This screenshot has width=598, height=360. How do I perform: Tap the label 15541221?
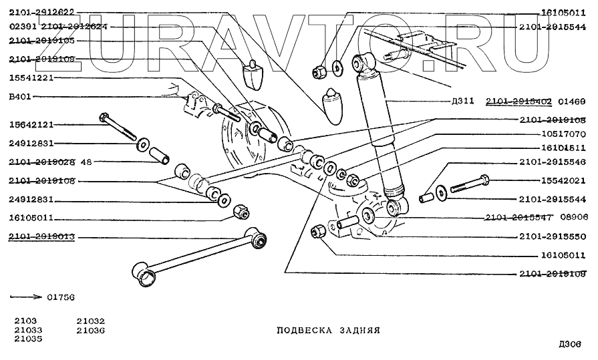(x=31, y=78)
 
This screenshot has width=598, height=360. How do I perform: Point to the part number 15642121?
(x=31, y=124)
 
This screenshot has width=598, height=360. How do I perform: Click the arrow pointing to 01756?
(x=25, y=296)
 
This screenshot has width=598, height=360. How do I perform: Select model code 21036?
(x=90, y=329)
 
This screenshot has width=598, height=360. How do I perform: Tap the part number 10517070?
(x=563, y=134)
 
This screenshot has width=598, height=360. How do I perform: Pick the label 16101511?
(x=563, y=148)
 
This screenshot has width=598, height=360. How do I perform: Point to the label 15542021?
(x=563, y=181)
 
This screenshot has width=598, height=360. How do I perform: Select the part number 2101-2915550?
(x=552, y=236)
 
